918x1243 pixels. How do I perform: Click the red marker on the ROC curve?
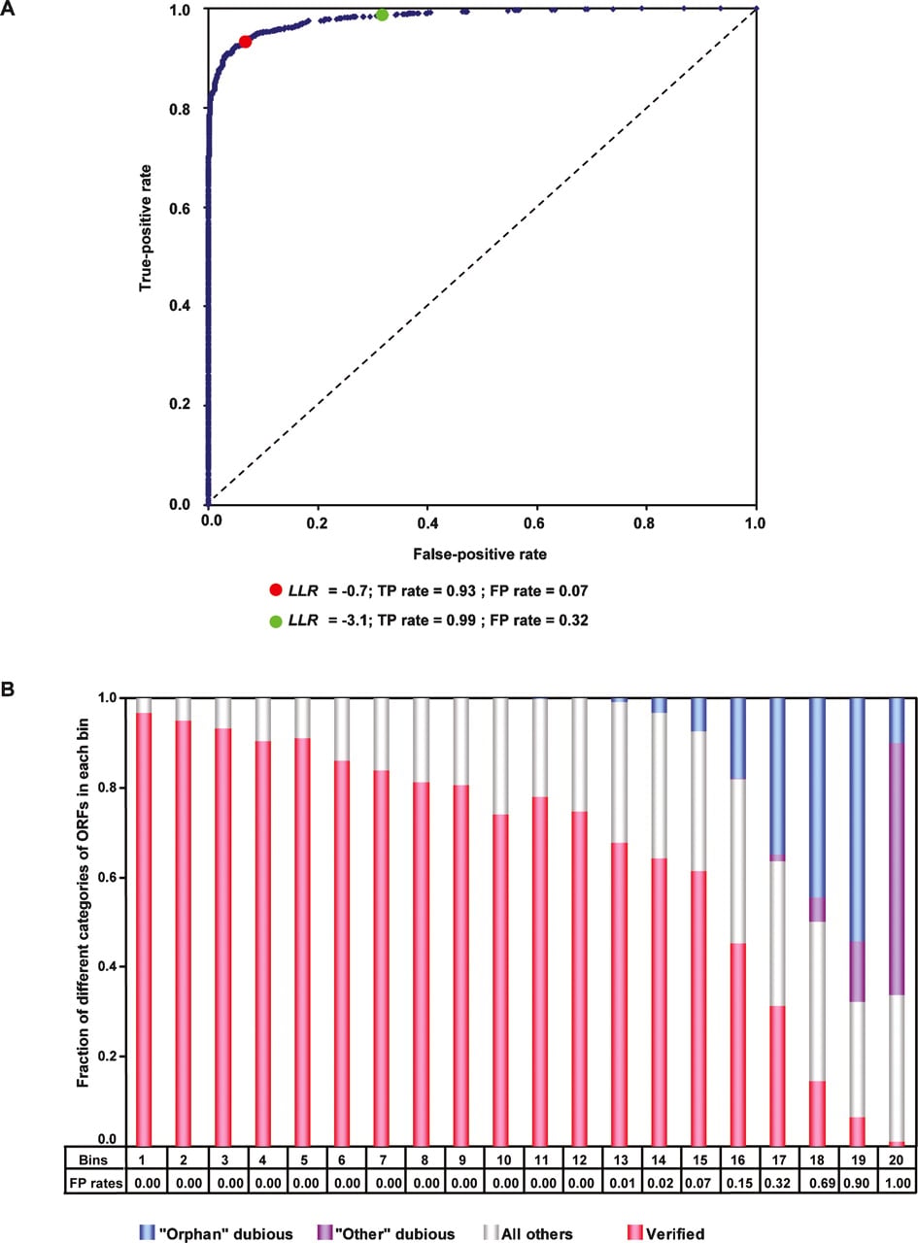(x=245, y=42)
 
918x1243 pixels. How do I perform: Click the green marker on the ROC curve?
(x=382, y=16)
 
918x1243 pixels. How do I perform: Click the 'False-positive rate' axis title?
(x=480, y=554)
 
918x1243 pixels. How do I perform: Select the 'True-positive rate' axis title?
(x=146, y=227)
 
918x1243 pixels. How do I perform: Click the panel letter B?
(x=8, y=689)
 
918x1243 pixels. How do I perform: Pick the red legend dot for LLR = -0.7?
(x=275, y=590)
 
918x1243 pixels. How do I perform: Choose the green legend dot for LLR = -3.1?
(x=275, y=621)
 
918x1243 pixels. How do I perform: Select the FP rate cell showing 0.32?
(x=778, y=1183)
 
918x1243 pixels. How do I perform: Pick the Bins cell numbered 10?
(x=503, y=1159)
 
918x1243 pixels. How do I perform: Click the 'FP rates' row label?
(x=94, y=1183)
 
